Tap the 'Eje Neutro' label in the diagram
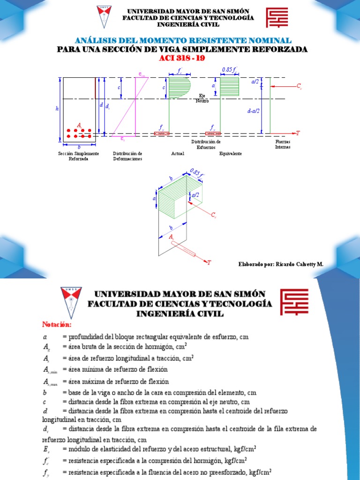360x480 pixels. [202, 98]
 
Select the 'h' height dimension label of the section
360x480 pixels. [57, 109]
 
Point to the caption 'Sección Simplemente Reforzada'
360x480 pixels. [78, 156]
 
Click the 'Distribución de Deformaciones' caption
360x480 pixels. [127, 156]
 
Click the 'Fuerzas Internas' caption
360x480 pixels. [283, 144]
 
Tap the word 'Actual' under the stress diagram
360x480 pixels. [178, 154]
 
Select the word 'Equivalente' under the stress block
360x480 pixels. [231, 154]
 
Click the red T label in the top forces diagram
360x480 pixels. [297, 134]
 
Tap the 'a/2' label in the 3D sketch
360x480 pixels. [195, 195]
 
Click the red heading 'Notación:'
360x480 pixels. [57, 324]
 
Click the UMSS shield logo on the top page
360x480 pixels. [105, 17]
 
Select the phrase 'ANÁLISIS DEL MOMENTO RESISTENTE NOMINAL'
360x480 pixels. [183, 41]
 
